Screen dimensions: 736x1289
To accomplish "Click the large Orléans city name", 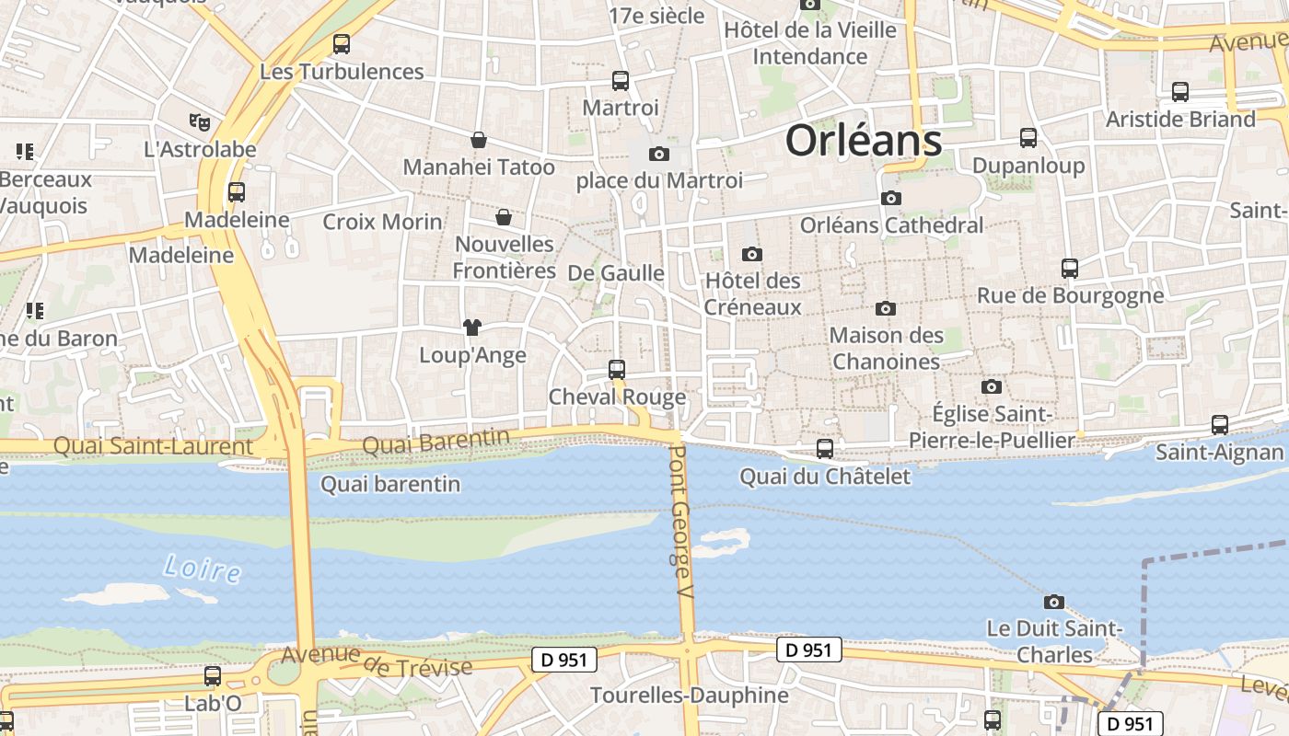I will tap(863, 141).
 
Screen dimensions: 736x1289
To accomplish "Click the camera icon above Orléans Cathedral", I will tap(890, 198).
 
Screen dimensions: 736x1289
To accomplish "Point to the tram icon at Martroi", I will tap(621, 81).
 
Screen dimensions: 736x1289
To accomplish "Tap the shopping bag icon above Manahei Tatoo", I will tap(479, 140).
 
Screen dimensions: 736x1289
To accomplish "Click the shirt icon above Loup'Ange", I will tap(472, 327).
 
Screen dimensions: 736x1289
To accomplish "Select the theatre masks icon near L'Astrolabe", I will tap(199, 121).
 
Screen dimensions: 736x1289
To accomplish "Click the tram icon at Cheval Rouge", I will tap(617, 370).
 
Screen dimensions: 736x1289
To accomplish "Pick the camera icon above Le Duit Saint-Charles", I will tap(1054, 603).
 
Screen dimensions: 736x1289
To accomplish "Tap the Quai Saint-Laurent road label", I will tap(153, 446).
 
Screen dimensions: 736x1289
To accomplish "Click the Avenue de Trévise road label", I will tap(377, 661).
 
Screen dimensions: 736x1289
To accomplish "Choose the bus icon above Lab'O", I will tap(213, 676).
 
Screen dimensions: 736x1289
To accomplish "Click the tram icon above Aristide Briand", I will tap(1180, 92).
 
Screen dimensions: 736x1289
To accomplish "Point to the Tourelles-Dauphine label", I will tap(690, 695).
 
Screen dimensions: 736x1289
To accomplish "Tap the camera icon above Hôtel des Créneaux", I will tap(752, 254).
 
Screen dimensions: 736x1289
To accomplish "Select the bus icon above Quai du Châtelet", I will tap(825, 449).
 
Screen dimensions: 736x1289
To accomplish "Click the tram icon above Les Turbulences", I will tap(342, 43).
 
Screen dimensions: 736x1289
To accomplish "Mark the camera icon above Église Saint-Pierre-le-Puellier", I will tap(992, 386).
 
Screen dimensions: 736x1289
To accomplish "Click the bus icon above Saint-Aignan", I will tap(1220, 425).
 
